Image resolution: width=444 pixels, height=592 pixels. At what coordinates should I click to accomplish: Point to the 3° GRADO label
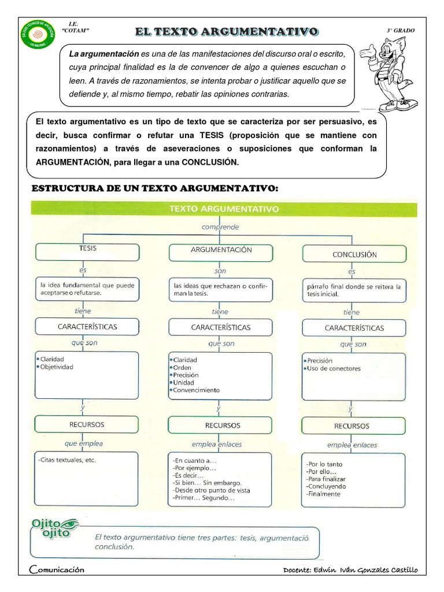400,31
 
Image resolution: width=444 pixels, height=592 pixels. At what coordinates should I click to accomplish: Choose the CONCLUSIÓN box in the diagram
354,254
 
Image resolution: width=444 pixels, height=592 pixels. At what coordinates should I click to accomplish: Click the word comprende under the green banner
220,227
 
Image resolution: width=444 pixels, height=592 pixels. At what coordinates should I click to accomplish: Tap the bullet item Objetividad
56,367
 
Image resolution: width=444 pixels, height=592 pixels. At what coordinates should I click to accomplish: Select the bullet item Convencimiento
197,390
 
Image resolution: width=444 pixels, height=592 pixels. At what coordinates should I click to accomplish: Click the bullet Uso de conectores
334,368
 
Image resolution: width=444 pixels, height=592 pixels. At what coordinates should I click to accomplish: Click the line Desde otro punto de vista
211,490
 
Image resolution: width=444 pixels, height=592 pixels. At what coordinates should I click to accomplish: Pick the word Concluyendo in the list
327,487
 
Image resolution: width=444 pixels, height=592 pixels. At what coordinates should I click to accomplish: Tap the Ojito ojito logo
55,528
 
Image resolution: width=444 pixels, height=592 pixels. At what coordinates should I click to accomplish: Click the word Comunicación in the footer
57,569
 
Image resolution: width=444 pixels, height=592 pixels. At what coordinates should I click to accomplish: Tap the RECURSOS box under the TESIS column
87,424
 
